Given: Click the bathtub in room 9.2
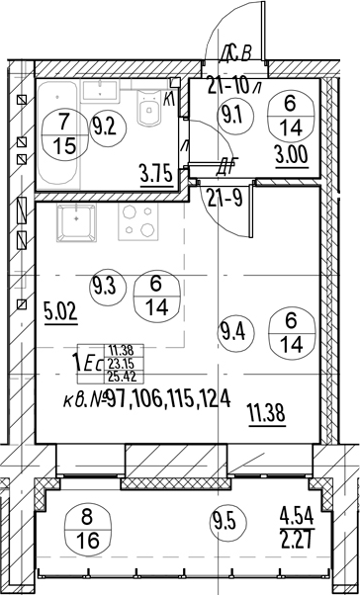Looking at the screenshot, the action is pos(58,134).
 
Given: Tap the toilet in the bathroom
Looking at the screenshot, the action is pos(148,108).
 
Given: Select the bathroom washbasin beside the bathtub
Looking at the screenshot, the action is pos(100,91).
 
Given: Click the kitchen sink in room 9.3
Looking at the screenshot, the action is pos(76,222).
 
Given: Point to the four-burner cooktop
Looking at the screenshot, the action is pos(137,222).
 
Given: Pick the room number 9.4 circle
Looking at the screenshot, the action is pos(230,333).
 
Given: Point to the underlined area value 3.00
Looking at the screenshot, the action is pos(292,157).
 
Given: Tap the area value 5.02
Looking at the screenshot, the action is pos(61,314).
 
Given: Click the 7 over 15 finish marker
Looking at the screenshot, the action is pos(61,134).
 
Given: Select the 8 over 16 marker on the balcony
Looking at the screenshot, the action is pos(88,530).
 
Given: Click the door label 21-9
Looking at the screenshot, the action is pos(225,198).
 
